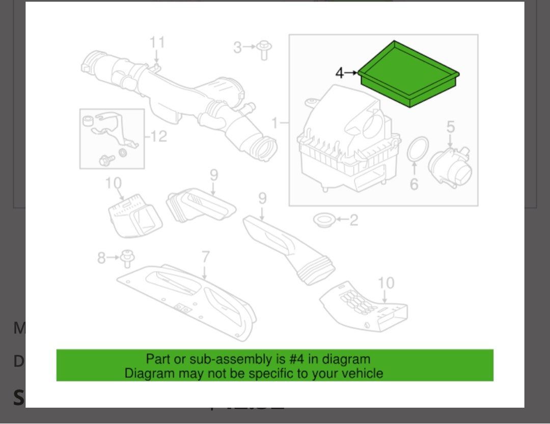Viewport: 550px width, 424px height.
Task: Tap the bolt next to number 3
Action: pos(263,50)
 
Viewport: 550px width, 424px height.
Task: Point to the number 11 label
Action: pos(157,42)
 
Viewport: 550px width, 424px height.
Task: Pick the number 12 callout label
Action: pos(158,136)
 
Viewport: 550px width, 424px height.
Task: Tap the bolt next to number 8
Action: pos(127,258)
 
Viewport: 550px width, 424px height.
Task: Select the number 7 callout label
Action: pos(205,257)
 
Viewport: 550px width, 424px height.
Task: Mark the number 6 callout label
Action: pos(414,184)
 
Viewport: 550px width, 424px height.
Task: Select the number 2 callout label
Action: pos(353,220)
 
